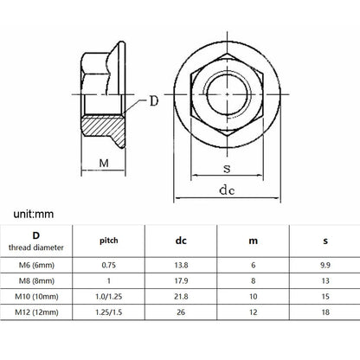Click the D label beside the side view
(x=154, y=101)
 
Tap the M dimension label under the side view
(x=104, y=163)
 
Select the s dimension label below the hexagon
(x=227, y=168)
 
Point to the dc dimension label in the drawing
(x=227, y=190)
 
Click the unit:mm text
(x=34, y=214)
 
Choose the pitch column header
(x=109, y=241)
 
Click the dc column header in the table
(x=181, y=241)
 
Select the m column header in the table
(x=253, y=241)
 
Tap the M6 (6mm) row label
(x=36, y=265)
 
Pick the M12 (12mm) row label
(x=36, y=312)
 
